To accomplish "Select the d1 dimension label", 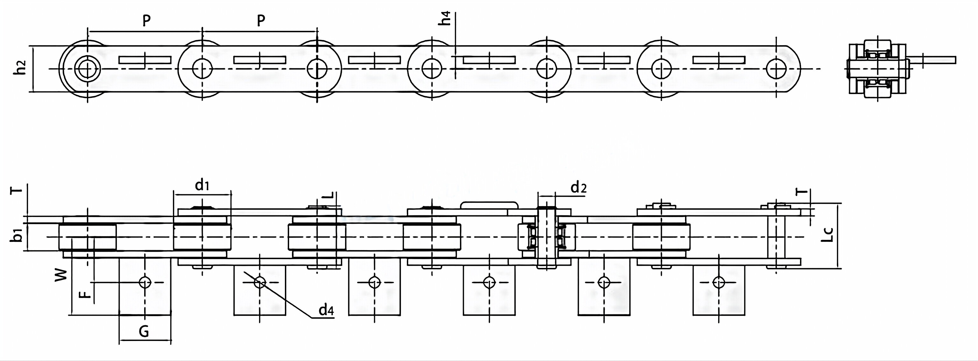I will click(x=202, y=186).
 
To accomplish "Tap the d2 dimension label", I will click(x=578, y=188).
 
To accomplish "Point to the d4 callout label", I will click(x=326, y=310).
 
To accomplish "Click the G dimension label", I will click(x=144, y=332).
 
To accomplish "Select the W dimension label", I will click(x=61, y=275).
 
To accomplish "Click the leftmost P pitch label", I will click(x=146, y=21).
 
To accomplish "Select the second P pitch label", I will click(x=260, y=21).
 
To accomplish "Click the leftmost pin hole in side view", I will click(x=87, y=69).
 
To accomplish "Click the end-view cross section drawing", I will click(x=877, y=69).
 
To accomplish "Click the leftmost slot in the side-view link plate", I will click(x=145, y=60).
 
